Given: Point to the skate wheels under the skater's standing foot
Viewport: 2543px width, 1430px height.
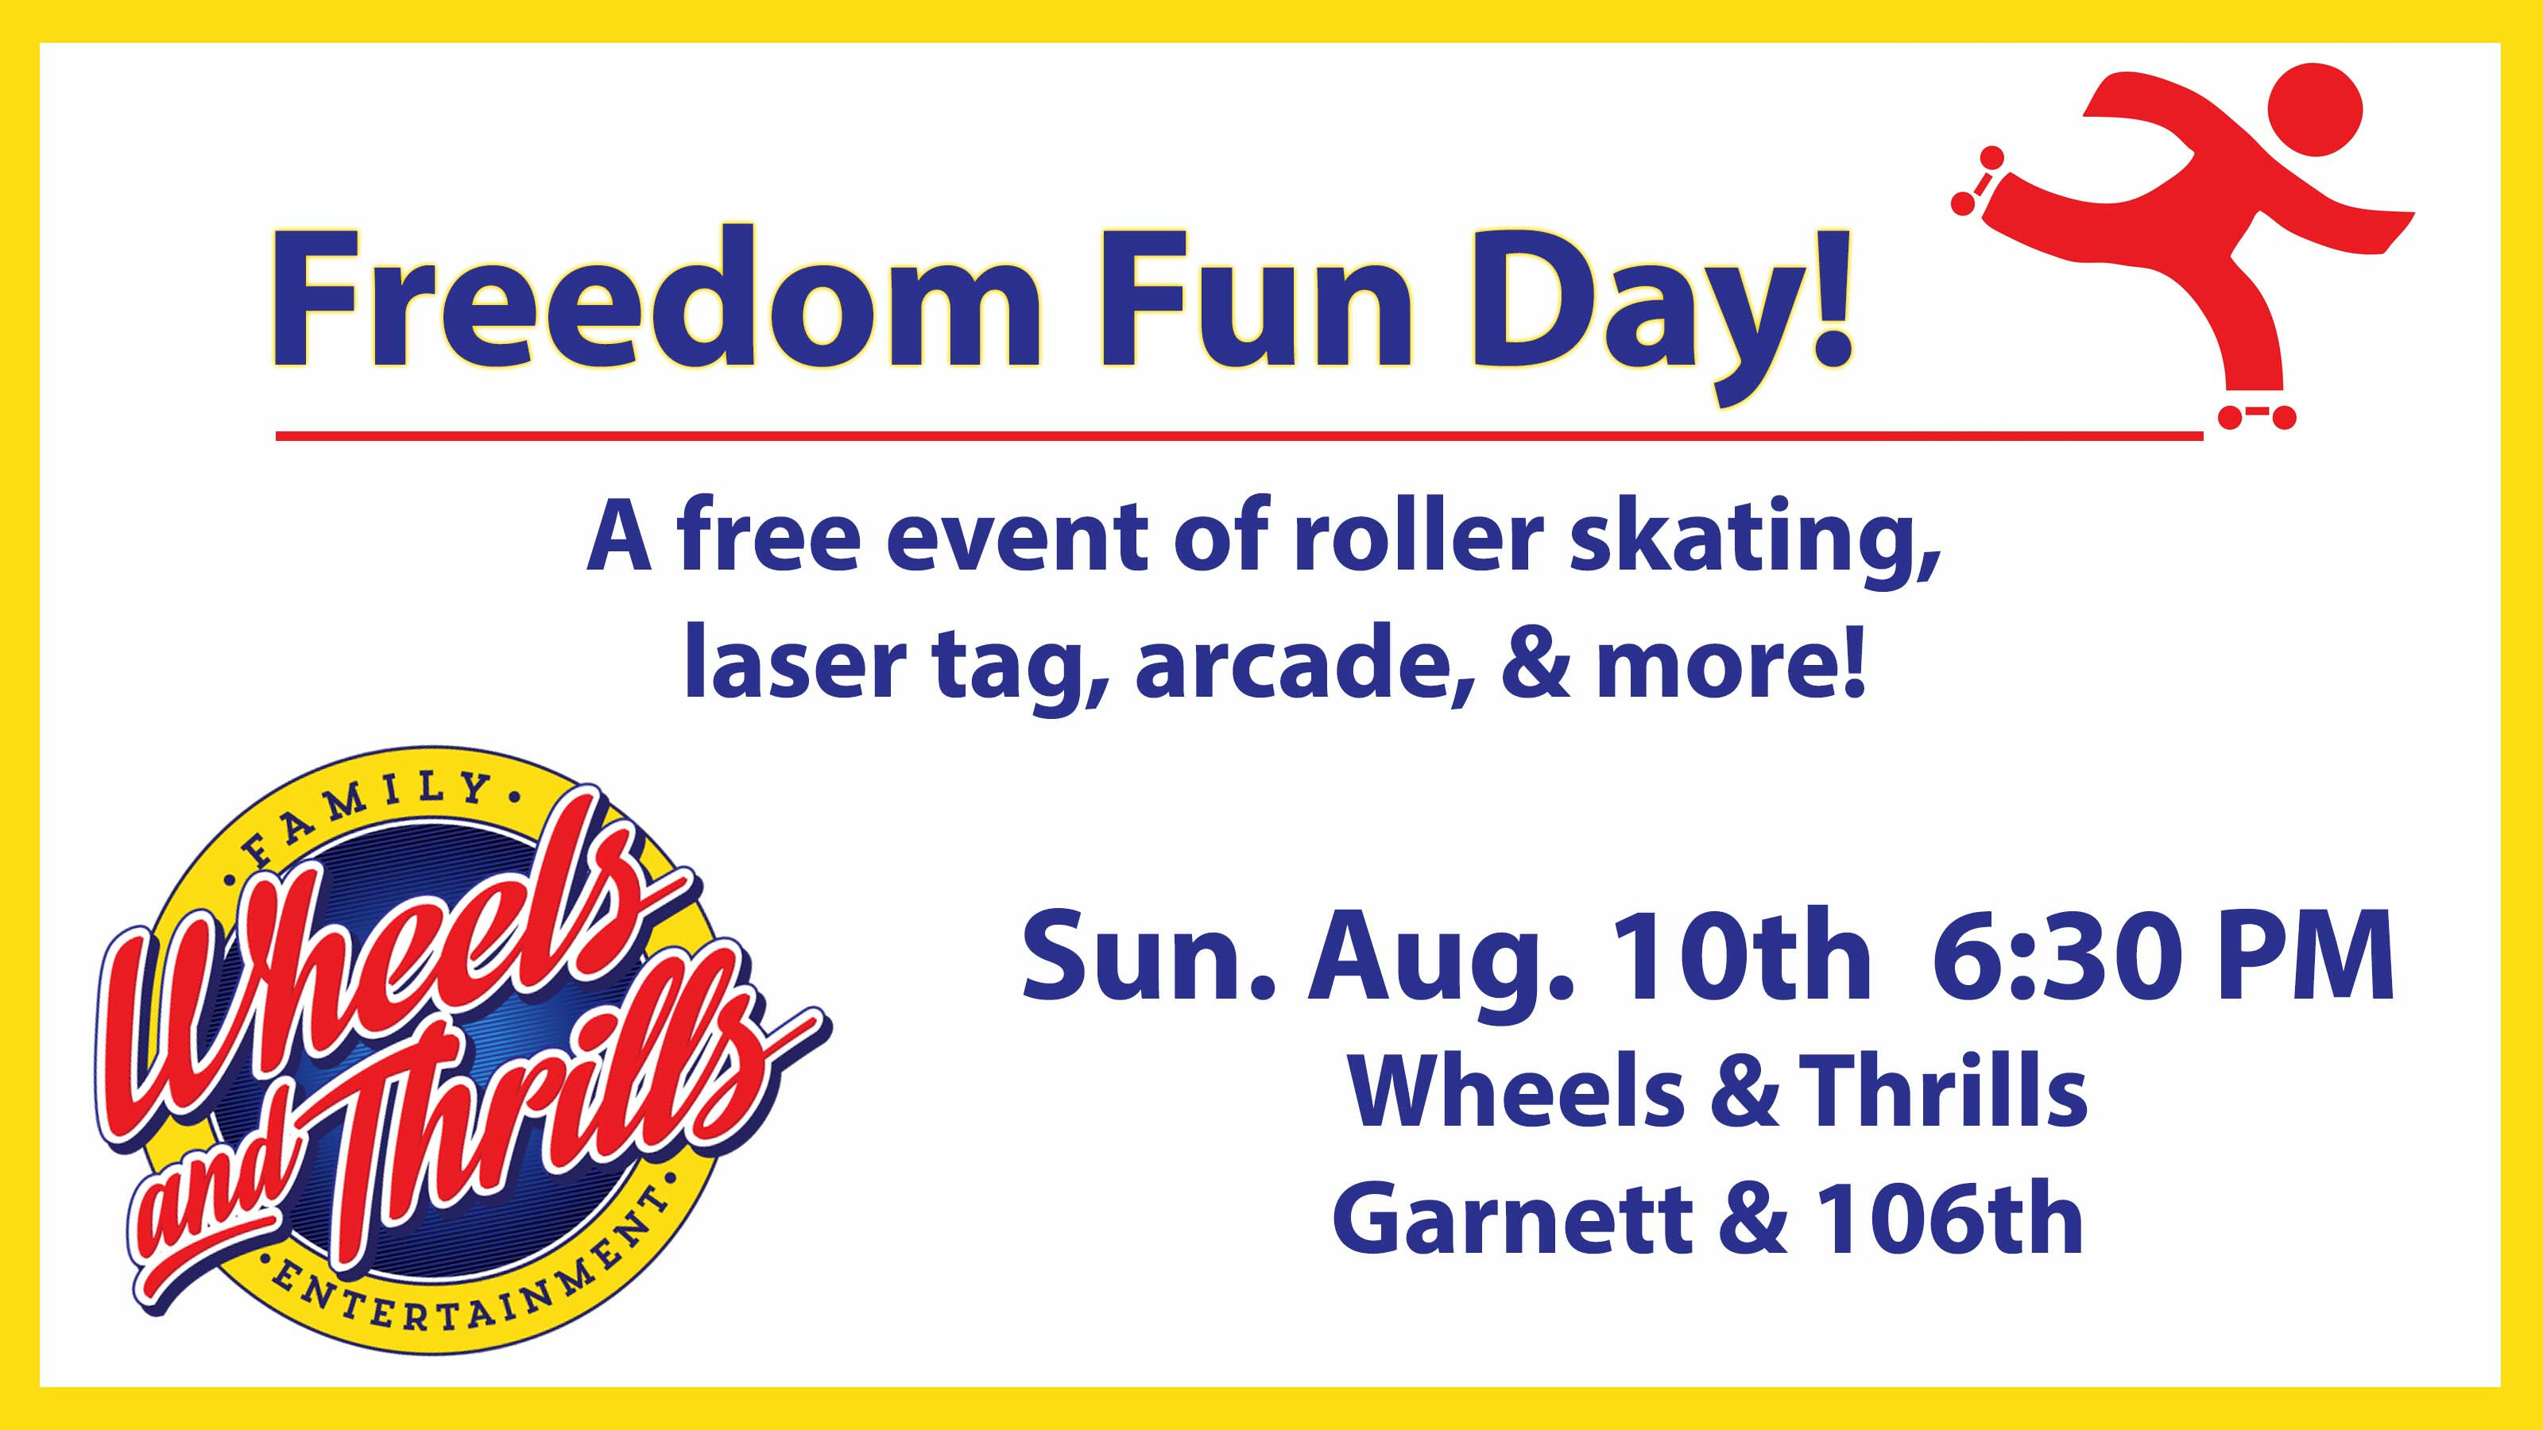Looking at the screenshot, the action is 2257,417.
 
